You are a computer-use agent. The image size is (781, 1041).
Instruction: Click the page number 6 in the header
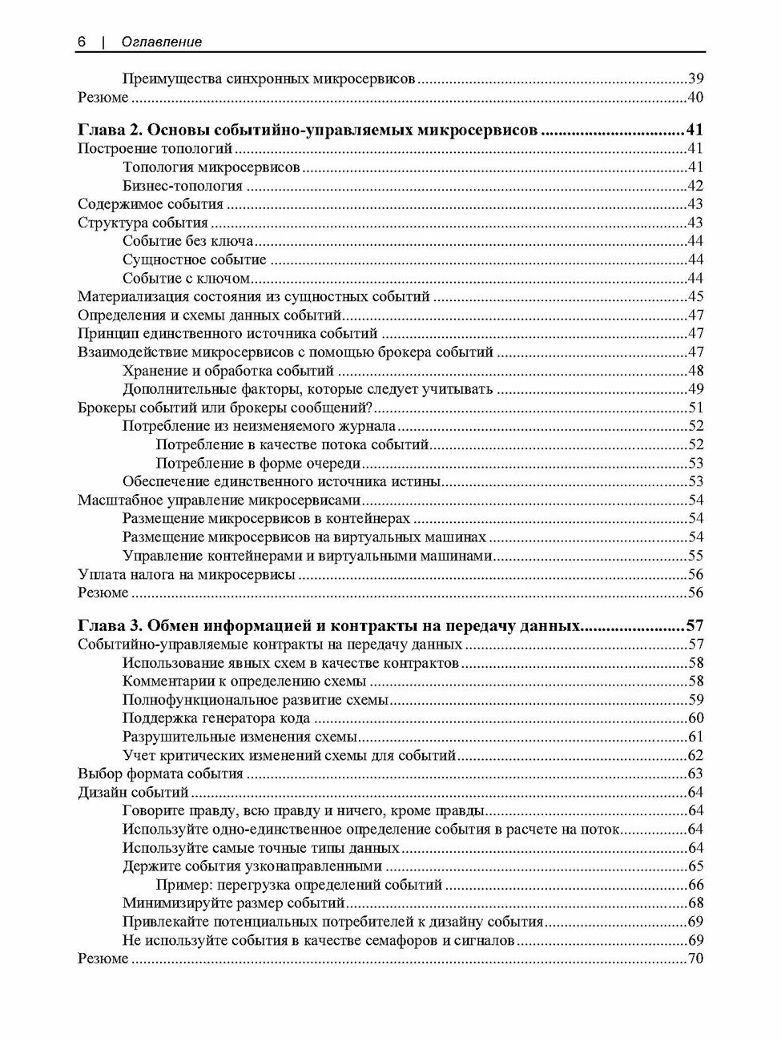82,42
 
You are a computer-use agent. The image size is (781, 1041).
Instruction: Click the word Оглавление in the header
161,42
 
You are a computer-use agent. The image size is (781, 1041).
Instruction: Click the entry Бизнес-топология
183,186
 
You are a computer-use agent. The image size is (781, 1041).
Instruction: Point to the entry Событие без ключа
188,241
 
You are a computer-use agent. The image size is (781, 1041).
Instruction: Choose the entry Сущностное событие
195,259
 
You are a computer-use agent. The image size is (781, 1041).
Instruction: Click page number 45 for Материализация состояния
695,297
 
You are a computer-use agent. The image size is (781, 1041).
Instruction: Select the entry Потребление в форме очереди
258,464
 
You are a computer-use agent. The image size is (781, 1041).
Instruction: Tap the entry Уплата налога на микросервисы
187,575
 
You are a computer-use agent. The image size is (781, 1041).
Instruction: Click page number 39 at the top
695,78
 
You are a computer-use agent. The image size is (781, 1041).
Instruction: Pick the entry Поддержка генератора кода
216,718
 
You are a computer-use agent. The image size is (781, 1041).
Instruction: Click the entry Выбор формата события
160,774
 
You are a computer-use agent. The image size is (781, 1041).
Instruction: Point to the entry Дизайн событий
133,793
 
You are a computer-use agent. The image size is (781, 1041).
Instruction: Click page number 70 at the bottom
695,959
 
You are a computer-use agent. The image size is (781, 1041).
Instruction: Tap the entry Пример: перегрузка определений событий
299,885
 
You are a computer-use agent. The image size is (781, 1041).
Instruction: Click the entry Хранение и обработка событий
228,371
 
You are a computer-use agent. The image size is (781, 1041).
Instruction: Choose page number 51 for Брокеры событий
695,408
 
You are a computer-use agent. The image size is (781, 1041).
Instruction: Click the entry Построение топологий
155,148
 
